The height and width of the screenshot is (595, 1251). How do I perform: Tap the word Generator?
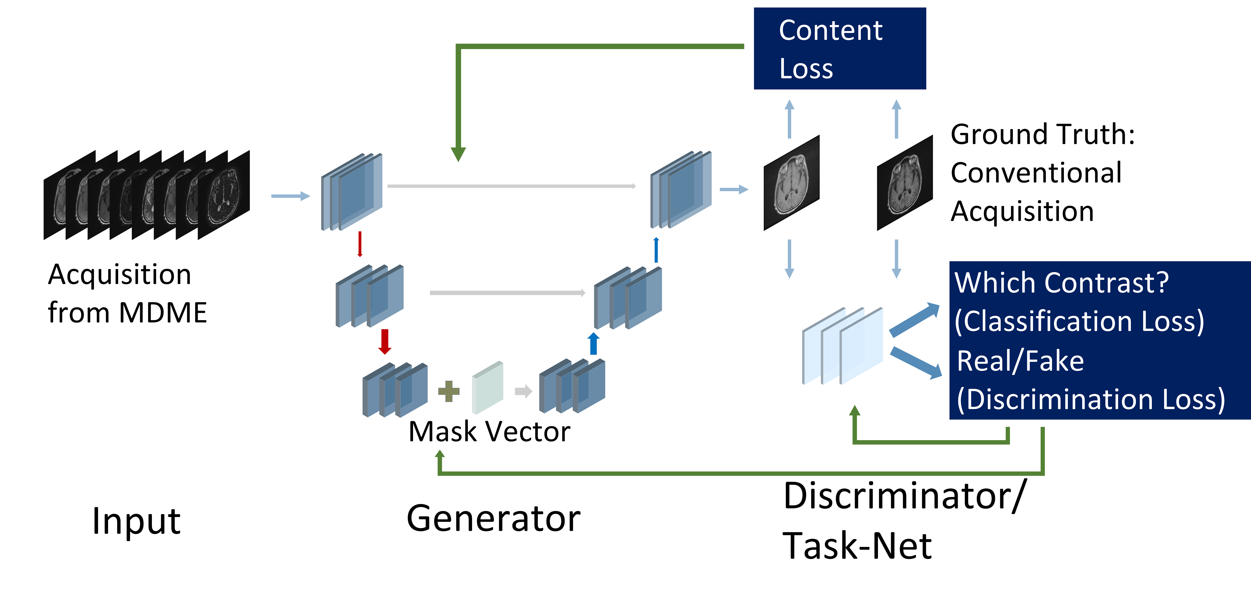tap(493, 519)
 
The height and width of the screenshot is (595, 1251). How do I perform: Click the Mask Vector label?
tap(489, 432)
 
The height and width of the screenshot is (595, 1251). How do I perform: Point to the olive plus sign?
tap(449, 391)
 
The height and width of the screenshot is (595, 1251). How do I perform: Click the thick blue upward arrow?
tap(593, 344)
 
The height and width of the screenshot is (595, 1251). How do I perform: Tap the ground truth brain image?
tap(905, 183)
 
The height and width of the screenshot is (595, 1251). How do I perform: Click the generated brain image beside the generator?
tap(792, 183)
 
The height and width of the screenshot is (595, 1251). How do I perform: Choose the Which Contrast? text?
tap(1061, 283)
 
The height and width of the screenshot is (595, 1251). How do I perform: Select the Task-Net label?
tap(857, 546)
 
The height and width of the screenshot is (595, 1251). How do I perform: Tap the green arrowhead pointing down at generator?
tap(458, 154)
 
